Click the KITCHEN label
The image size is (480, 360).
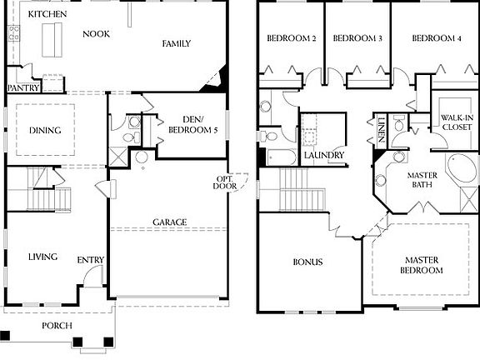[x=47, y=15]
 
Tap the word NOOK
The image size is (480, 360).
[x=96, y=34]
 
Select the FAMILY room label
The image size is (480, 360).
[x=177, y=43]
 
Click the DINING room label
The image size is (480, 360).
[x=44, y=129]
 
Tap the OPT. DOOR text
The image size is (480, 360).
[x=226, y=182]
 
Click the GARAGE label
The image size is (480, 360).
[x=168, y=222]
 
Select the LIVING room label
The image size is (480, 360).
[x=42, y=257]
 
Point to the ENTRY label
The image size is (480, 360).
[x=90, y=261]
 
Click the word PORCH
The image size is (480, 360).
[x=57, y=325]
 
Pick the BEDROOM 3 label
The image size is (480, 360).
[x=357, y=39]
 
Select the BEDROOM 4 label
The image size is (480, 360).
[x=436, y=39]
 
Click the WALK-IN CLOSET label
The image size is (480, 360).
[x=457, y=122]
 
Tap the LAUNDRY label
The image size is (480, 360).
[x=323, y=156]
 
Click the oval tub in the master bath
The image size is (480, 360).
[x=461, y=172]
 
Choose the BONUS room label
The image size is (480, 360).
[x=307, y=262]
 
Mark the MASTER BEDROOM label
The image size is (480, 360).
[x=419, y=265]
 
